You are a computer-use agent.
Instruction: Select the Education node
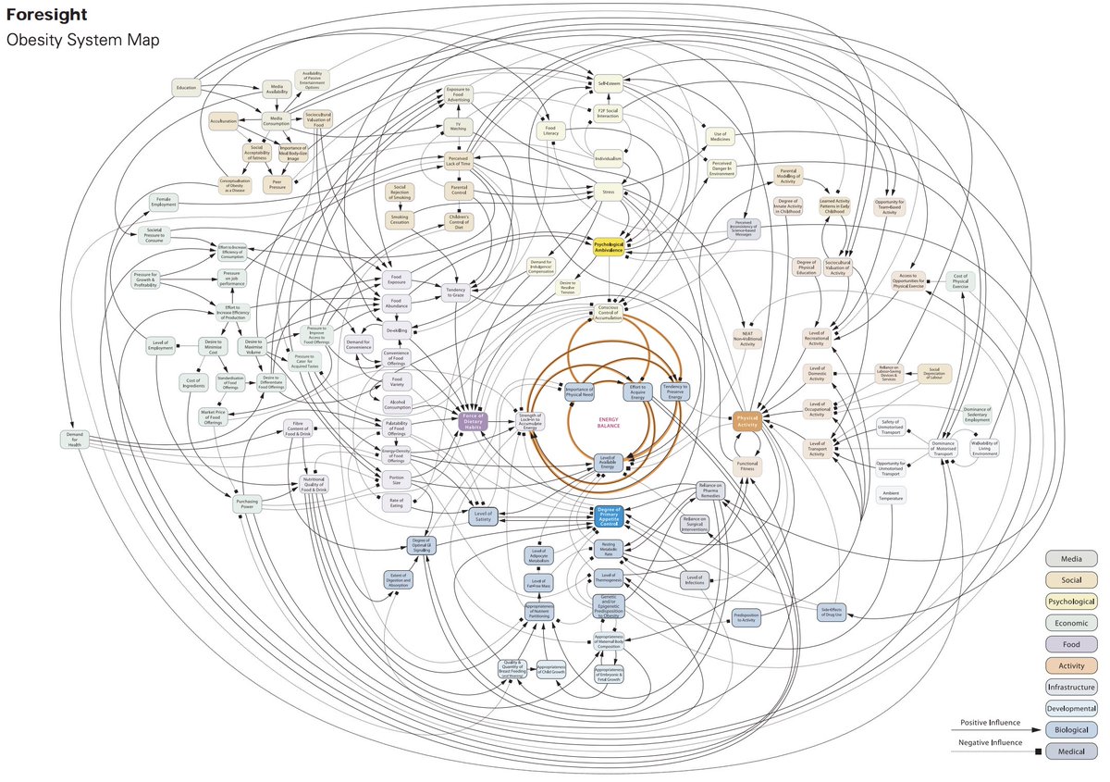186,89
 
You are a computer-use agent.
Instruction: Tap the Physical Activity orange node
746,421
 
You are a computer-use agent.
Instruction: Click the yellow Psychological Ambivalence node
609,248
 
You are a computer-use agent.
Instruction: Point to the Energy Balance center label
607,421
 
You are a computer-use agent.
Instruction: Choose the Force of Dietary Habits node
473,420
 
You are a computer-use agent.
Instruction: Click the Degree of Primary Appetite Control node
610,516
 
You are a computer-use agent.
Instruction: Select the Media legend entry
1071,559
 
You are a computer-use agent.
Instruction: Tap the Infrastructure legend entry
1071,687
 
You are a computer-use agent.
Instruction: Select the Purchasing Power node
246,503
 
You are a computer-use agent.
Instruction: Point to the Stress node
609,193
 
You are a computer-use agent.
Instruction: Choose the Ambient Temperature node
892,494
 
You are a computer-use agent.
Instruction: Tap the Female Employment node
164,201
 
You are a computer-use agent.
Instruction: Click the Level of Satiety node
483,516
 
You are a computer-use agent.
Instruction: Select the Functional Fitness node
747,465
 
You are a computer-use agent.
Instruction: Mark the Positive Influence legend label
990,723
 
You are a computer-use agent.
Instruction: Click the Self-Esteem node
608,81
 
